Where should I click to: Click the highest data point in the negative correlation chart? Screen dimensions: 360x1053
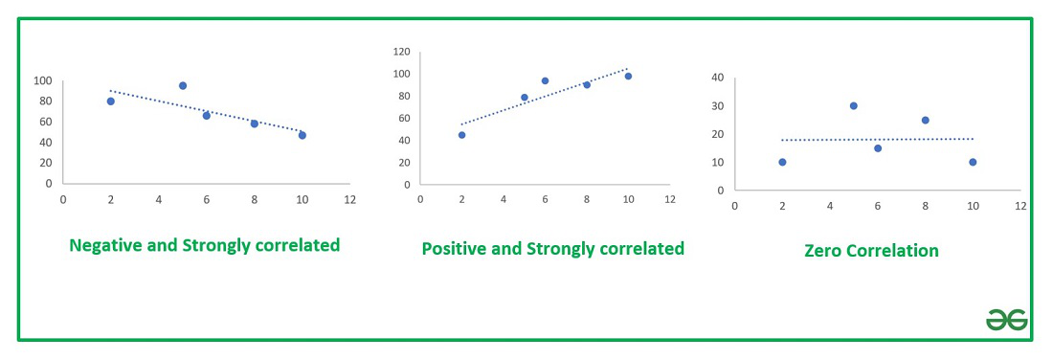pyautogui.click(x=183, y=86)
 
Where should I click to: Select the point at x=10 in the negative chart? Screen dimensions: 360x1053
pyautogui.click(x=302, y=135)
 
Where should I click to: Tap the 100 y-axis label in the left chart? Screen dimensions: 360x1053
pyautogui.click(x=42, y=80)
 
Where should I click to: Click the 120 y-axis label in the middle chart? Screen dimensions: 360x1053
pyautogui.click(x=401, y=52)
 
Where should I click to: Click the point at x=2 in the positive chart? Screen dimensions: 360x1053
pyautogui.click(x=461, y=135)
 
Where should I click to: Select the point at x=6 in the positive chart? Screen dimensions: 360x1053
pyautogui.click(x=545, y=81)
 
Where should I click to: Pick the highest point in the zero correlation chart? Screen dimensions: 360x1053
pyautogui.click(x=853, y=105)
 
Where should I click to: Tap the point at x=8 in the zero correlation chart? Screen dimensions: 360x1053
pyautogui.click(x=926, y=120)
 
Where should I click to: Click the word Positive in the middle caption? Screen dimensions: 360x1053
pyautogui.click(x=456, y=249)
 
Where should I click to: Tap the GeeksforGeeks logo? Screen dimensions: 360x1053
pyautogui.click(x=1006, y=320)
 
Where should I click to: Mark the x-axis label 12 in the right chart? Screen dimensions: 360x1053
pyautogui.click(x=1020, y=206)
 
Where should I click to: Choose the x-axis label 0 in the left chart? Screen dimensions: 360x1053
pyautogui.click(x=63, y=200)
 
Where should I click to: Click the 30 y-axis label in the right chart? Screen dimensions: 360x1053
pyautogui.click(x=717, y=105)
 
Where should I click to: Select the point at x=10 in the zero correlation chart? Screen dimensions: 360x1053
pyautogui.click(x=973, y=162)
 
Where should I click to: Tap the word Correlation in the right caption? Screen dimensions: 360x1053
pyautogui.click(x=894, y=251)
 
